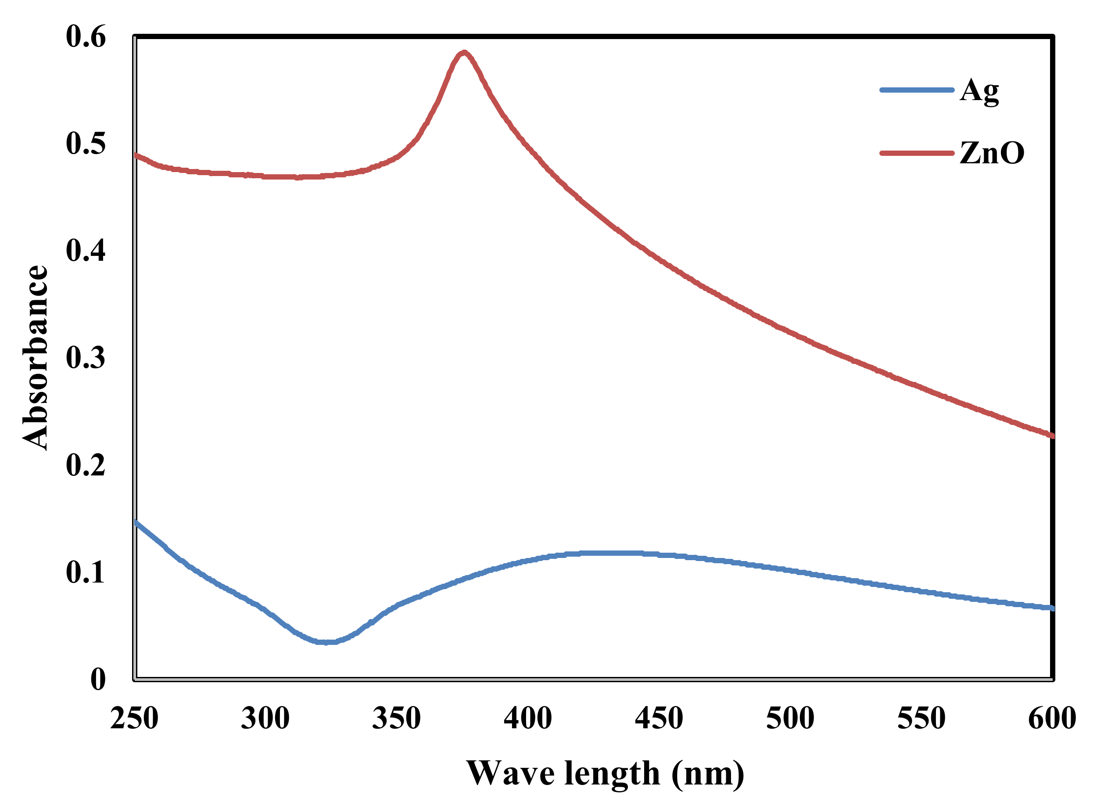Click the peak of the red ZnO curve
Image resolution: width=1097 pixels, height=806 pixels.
tap(464, 52)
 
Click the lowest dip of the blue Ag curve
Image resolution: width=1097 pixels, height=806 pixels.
tap(326, 642)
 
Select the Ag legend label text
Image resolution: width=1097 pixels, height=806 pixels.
tap(979, 91)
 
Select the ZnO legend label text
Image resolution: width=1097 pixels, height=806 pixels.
tap(992, 153)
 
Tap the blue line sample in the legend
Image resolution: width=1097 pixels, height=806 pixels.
tap(917, 90)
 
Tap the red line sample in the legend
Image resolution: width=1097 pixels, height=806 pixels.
tap(917, 153)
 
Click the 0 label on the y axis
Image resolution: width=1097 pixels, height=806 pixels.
tap(97, 679)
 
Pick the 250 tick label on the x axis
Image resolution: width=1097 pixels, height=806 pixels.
tap(134, 718)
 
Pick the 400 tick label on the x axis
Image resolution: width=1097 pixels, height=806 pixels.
tap(527, 718)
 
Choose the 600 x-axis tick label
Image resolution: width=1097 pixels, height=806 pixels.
tap(1052, 718)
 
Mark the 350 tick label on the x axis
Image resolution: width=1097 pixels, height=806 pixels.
tap(396, 718)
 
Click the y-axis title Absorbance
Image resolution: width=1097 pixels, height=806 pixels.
tap(35, 358)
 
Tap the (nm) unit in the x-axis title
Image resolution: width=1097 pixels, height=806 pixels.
tap(707, 774)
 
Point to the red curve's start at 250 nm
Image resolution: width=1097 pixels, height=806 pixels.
tap(136, 155)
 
